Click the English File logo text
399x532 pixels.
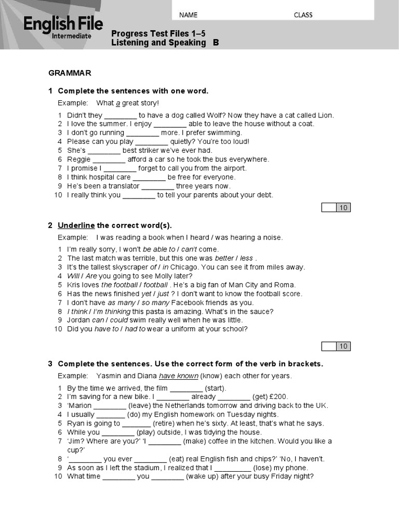tap(63, 24)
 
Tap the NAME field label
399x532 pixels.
tap(188, 15)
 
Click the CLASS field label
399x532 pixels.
tap(303, 15)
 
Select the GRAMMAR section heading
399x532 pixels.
tap(70, 72)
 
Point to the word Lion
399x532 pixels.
tap(324, 115)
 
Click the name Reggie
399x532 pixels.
tap(78, 159)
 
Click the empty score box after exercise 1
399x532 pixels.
tap(329, 208)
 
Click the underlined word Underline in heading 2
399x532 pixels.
tap(76, 225)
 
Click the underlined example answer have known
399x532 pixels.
tap(178, 376)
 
